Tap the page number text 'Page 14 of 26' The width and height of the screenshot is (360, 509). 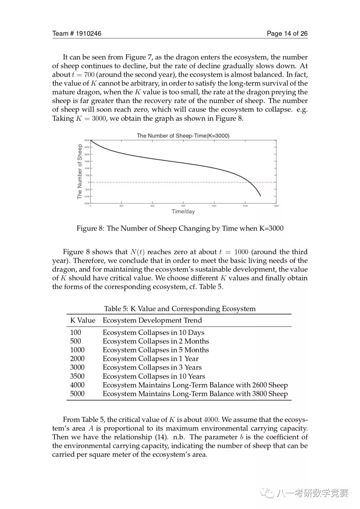(287, 33)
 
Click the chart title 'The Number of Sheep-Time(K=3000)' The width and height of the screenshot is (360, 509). (183, 136)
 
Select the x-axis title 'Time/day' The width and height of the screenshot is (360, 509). (183, 211)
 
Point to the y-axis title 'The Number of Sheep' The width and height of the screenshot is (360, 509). (80, 171)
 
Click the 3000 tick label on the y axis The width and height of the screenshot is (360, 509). (87, 140)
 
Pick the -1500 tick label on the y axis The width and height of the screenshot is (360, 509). (86, 203)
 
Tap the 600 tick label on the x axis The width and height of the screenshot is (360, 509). (183, 206)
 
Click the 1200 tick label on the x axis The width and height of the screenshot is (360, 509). (276, 206)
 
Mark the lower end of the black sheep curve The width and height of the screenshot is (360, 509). (260, 196)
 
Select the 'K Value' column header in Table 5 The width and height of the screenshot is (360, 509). (83, 321)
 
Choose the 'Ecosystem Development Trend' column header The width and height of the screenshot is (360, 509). (152, 321)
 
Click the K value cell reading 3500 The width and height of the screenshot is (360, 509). (77, 376)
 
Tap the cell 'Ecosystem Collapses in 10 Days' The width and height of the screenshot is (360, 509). (153, 333)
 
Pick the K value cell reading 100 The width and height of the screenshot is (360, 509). (76, 333)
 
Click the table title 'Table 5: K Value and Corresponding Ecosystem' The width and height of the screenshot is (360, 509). (180, 309)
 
